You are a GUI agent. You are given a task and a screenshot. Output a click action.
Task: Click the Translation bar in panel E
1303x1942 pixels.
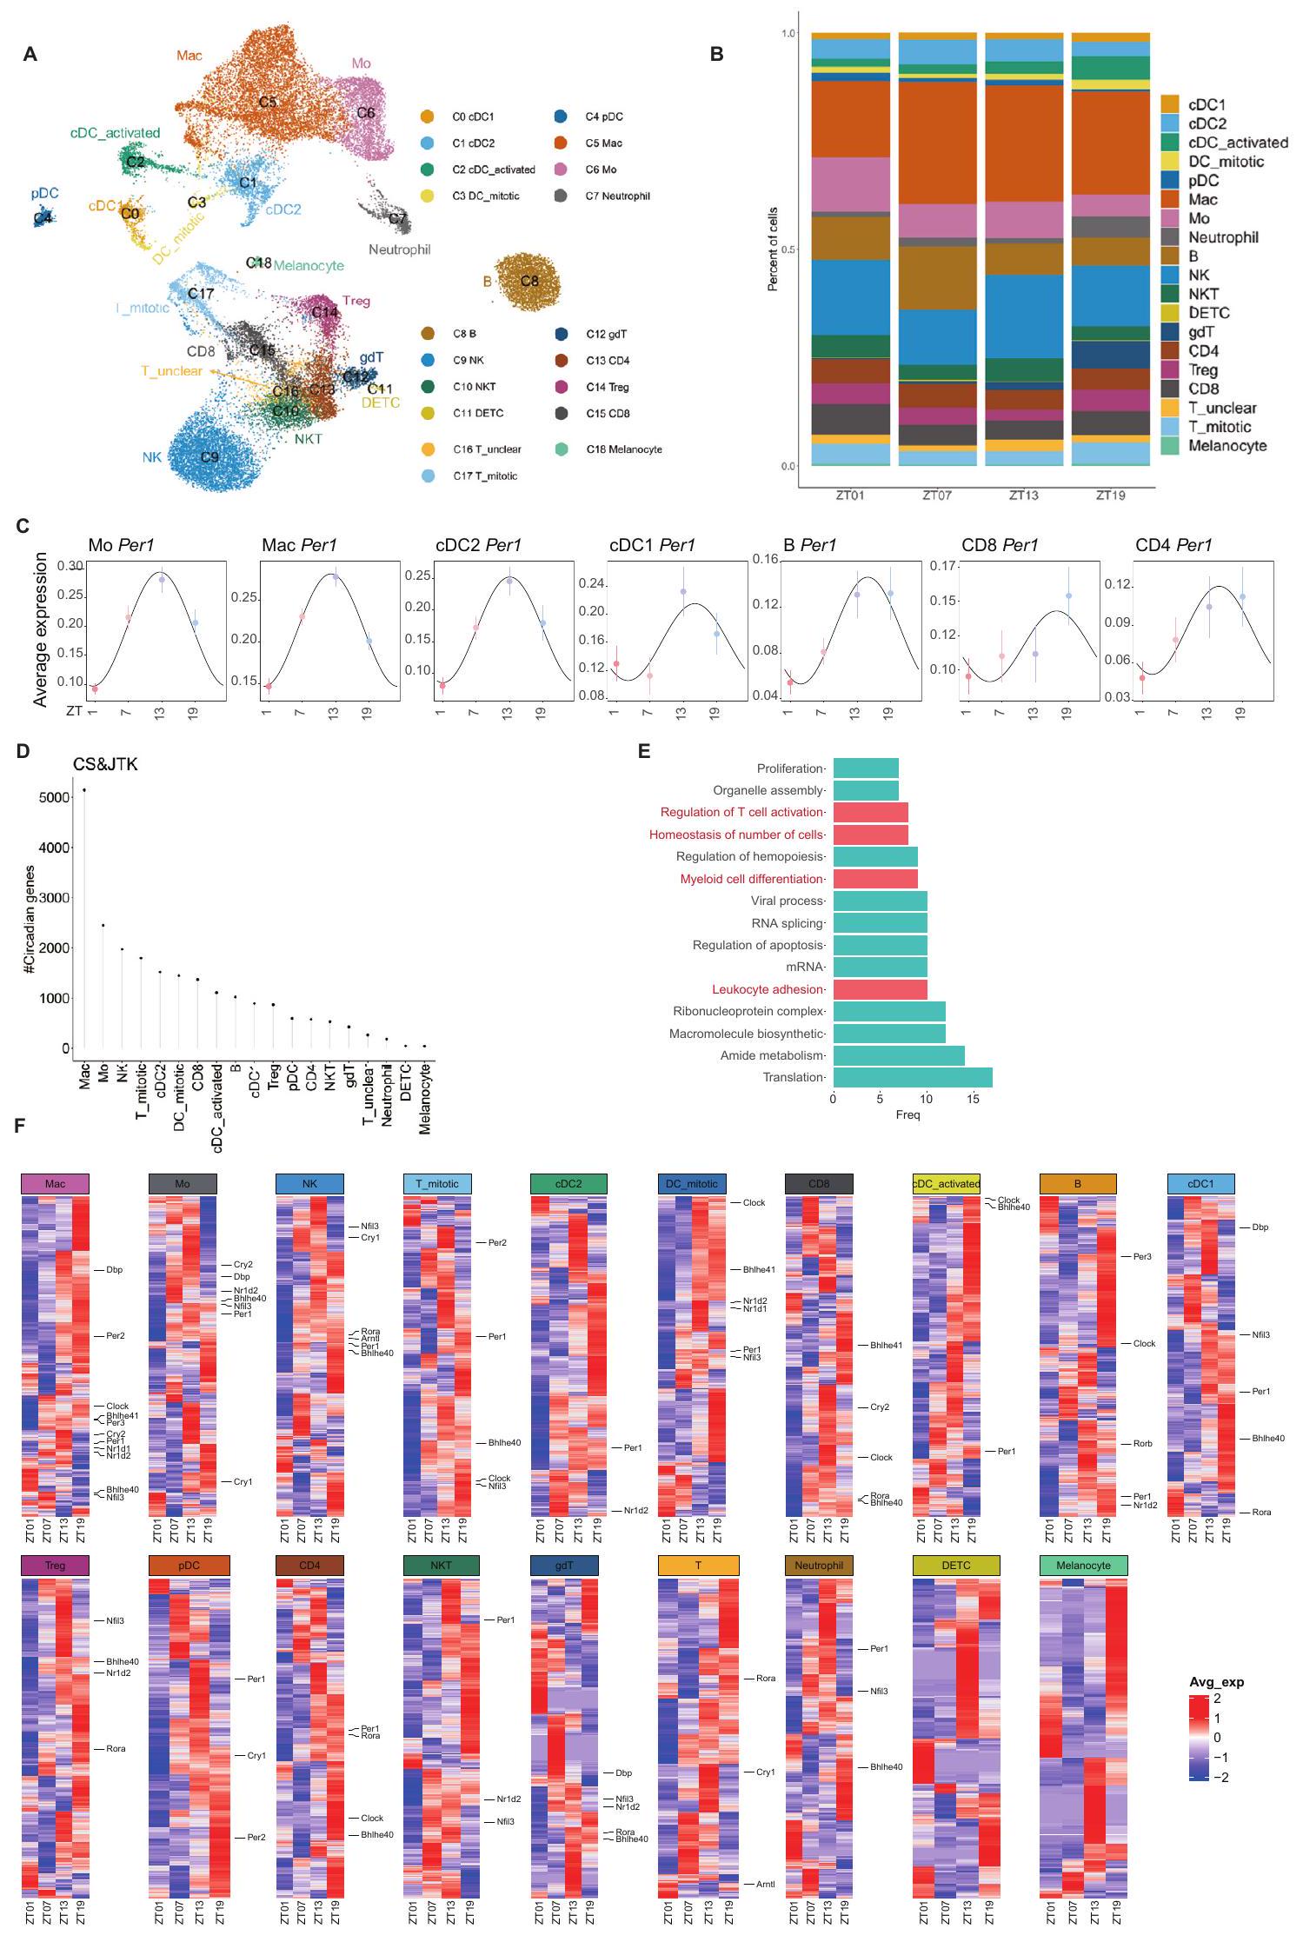click(x=912, y=1077)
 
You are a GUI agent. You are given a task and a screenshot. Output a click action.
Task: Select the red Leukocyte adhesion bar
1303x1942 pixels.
click(x=880, y=989)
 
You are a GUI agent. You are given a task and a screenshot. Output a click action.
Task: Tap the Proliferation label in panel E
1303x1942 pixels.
click(x=789, y=768)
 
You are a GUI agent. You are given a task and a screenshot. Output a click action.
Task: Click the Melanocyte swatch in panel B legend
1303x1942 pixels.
click(x=1169, y=446)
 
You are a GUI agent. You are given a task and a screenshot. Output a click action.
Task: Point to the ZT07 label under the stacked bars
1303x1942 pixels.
click(x=936, y=495)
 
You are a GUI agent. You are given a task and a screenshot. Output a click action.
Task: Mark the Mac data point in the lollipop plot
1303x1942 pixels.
click(x=84, y=790)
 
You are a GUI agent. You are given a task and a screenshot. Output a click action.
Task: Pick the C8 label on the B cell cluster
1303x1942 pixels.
click(x=529, y=282)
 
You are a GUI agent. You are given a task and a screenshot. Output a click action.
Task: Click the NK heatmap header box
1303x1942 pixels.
click(x=309, y=1183)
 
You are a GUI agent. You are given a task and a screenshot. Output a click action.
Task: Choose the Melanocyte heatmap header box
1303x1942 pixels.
click(x=1082, y=1566)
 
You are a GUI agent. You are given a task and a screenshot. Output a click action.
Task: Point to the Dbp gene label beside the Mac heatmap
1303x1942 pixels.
click(x=114, y=1270)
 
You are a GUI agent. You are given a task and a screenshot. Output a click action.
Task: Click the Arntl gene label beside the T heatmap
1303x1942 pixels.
click(x=765, y=1885)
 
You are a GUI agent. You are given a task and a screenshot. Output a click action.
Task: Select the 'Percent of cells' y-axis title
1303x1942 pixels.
click(x=773, y=249)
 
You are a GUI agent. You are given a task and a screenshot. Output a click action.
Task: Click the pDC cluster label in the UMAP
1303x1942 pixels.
click(x=43, y=194)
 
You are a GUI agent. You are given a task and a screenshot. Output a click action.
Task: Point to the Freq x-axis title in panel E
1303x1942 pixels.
click(x=907, y=1114)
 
